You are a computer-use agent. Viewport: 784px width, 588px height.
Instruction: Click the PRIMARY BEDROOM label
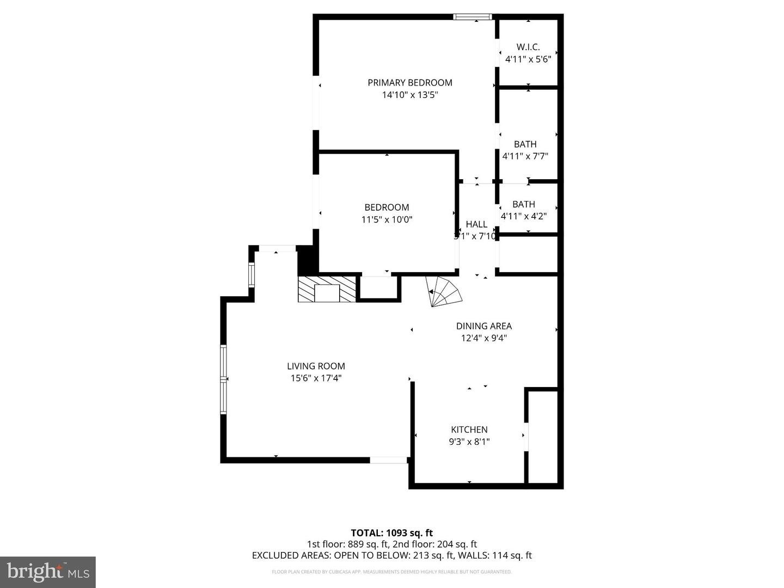point(410,83)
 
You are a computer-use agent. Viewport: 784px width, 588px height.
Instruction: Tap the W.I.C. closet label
point(528,47)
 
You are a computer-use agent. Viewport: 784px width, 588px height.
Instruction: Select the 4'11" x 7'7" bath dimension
point(525,156)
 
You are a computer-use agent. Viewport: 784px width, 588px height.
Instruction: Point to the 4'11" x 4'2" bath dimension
point(524,216)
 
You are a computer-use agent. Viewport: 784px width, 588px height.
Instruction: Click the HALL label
point(476,224)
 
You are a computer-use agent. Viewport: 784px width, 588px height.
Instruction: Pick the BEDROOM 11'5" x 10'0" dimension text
point(387,220)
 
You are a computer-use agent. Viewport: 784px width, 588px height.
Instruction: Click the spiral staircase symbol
point(444,292)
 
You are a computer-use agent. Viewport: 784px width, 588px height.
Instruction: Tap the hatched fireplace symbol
point(327,289)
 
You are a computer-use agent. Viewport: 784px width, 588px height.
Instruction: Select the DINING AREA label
point(484,326)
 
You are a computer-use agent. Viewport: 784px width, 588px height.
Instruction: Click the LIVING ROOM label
point(316,366)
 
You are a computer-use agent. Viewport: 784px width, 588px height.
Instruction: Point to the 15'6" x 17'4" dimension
point(316,378)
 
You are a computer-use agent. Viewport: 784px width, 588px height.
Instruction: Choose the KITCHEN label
point(469,430)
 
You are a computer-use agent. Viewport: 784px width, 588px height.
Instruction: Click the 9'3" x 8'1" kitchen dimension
point(469,442)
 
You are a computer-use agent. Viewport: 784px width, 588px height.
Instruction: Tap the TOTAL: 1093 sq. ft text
point(391,533)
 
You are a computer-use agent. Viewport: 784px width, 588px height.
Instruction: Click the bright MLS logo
point(48,572)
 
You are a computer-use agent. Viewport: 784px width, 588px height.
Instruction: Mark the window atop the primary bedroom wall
point(473,17)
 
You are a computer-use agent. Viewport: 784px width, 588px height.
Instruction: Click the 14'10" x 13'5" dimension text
point(410,95)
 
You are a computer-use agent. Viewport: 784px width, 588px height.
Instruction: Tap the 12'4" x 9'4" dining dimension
point(484,338)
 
